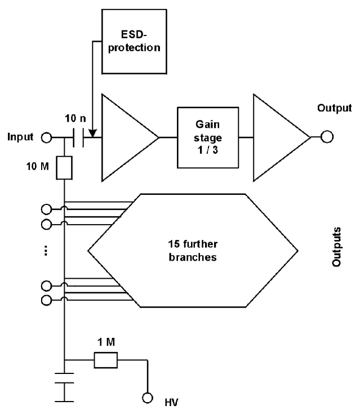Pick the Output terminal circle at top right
[x=327, y=137]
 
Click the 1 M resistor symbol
[x=105, y=359]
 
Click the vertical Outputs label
[x=337, y=246]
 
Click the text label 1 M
[x=105, y=342]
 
